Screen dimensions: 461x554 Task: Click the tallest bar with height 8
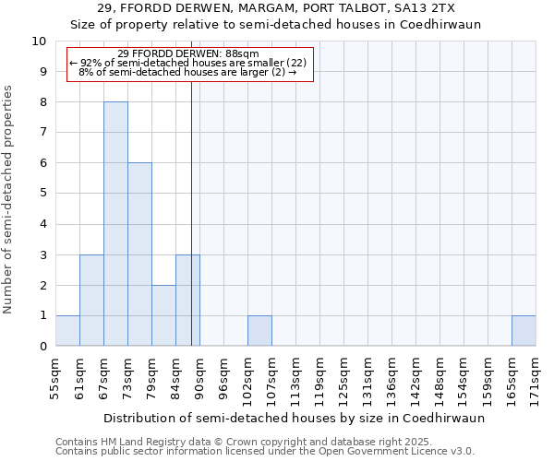click(x=115, y=224)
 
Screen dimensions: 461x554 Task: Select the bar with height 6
click(x=139, y=254)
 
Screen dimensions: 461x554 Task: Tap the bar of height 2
click(x=163, y=315)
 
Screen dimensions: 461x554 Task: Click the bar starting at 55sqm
click(x=67, y=331)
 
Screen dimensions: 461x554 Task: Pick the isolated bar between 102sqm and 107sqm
click(x=259, y=331)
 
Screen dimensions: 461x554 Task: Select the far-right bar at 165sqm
click(x=524, y=331)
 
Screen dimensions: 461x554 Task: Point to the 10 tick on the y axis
click(x=39, y=41)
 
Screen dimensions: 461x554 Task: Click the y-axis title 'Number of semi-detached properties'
click(x=9, y=199)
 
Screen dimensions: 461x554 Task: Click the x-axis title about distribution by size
click(x=294, y=418)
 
